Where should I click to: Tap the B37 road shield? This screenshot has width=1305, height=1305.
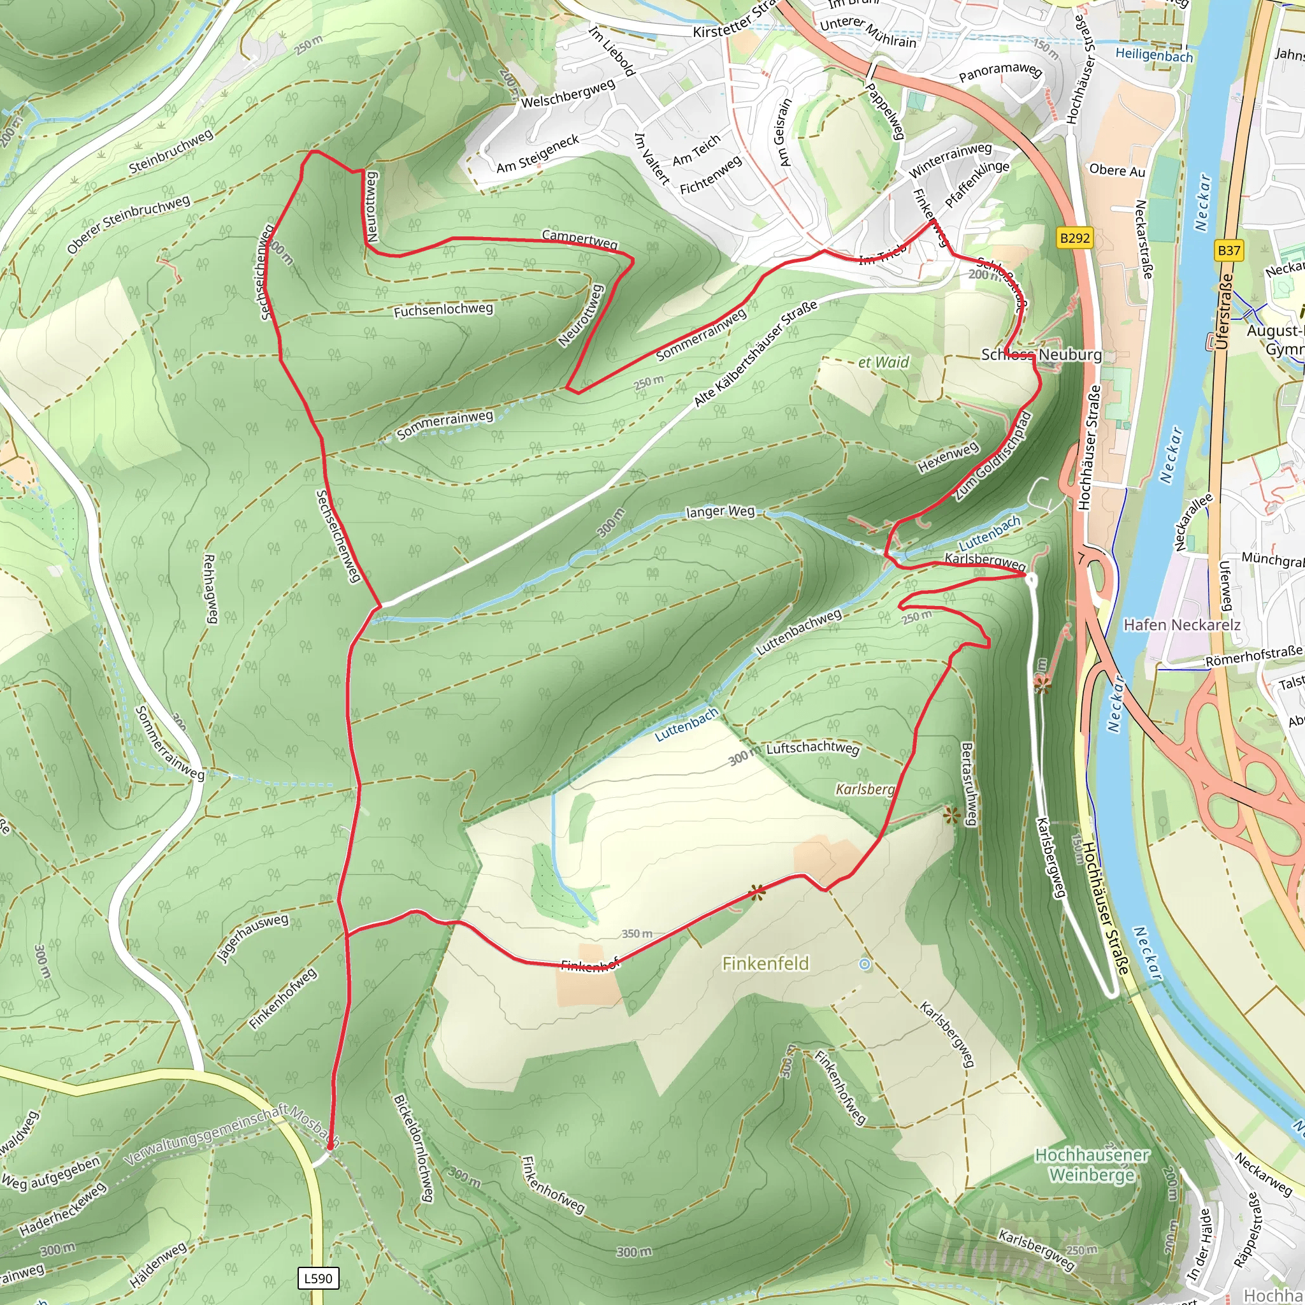pyautogui.click(x=1229, y=250)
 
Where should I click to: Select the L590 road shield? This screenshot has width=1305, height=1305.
pyautogui.click(x=318, y=1278)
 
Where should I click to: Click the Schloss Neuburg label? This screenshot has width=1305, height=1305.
pyautogui.click(x=1041, y=355)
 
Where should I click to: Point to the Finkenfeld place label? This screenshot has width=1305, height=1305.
pyautogui.click(x=765, y=963)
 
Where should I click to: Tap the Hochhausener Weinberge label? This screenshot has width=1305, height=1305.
pyautogui.click(x=1092, y=1165)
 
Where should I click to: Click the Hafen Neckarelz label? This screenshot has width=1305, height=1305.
pyautogui.click(x=1181, y=625)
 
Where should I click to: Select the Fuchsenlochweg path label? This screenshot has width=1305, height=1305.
pyautogui.click(x=443, y=310)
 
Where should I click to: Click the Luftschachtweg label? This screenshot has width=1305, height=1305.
pyautogui.click(x=812, y=749)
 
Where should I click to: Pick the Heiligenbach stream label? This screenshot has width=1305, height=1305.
pyautogui.click(x=1154, y=55)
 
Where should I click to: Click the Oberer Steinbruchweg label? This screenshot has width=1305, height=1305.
pyautogui.click(x=128, y=225)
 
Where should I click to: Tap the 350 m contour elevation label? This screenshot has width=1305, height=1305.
pyautogui.click(x=637, y=934)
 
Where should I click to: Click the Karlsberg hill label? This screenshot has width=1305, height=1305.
pyautogui.click(x=865, y=789)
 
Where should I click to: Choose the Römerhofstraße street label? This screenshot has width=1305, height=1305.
pyautogui.click(x=1253, y=656)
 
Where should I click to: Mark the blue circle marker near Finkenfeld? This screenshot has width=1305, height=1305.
pyautogui.click(x=865, y=965)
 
